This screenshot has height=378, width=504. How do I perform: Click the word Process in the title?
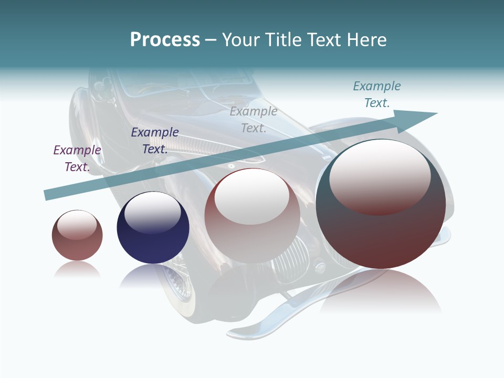click(165, 40)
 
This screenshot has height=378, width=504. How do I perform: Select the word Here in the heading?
click(366, 40)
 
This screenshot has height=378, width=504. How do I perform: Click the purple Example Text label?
click(77, 159)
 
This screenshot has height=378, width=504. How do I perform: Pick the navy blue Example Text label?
click(155, 141)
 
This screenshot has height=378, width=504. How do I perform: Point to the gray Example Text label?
click(254, 120)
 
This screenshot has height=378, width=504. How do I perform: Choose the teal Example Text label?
click(377, 94)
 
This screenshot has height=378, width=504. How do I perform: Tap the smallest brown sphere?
click(77, 235)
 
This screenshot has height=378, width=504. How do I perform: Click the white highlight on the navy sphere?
click(152, 210)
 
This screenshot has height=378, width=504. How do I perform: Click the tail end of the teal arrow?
click(48, 195)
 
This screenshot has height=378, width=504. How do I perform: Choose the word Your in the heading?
click(241, 40)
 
